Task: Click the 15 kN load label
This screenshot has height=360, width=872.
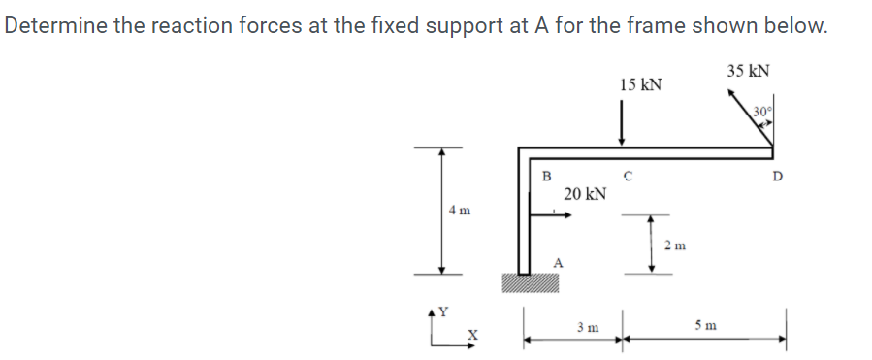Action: click(640, 84)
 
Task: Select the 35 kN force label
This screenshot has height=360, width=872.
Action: click(747, 70)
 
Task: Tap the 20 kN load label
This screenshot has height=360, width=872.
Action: click(585, 194)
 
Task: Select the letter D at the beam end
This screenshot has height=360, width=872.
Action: click(776, 177)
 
